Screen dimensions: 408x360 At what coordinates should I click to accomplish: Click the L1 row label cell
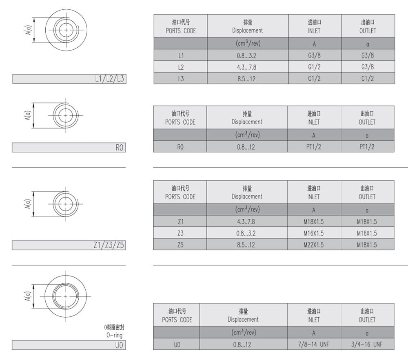tap(181, 55)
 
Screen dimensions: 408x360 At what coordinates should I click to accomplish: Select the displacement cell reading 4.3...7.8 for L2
tap(247, 67)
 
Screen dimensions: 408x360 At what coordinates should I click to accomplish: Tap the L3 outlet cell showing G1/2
tap(368, 78)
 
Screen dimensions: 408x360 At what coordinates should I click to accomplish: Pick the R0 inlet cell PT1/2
tap(314, 147)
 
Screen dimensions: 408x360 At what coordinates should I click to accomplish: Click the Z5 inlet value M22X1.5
tap(314, 245)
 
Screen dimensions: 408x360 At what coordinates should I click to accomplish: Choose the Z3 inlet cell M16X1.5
tap(314, 233)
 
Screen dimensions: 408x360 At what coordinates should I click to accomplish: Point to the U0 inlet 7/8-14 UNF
tap(314, 344)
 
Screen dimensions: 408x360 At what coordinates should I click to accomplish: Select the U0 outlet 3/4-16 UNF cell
tap(367, 344)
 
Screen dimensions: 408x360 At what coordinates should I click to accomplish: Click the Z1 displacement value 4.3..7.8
tap(246, 221)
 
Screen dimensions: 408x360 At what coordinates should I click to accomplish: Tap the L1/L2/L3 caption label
tap(109, 79)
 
